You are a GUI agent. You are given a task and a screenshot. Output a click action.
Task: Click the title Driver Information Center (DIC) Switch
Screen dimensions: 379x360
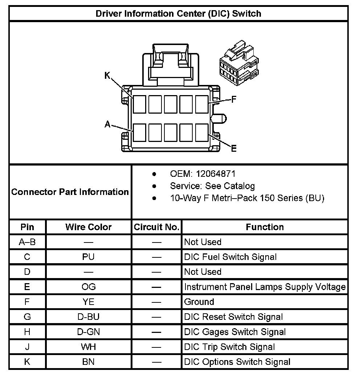point(178,14)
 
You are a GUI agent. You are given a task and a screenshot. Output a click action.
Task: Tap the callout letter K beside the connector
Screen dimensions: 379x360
point(107,76)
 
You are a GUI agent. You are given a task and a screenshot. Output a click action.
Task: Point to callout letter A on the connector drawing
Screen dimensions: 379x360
point(107,125)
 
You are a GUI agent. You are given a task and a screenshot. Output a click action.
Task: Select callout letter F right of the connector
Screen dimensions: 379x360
point(234,99)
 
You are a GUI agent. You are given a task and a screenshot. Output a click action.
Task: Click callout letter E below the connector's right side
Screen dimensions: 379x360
point(234,148)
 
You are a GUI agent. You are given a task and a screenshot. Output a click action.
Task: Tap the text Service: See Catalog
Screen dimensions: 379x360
point(212,186)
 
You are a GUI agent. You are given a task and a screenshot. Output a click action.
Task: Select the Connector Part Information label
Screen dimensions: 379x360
point(70,192)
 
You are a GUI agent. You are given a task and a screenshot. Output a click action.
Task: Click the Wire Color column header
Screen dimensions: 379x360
point(89,227)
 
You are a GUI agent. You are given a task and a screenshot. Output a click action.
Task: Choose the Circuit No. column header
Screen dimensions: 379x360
point(156,227)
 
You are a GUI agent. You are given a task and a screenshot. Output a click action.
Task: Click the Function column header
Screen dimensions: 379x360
point(265,227)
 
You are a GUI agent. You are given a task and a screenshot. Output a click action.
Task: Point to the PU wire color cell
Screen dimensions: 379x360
point(89,257)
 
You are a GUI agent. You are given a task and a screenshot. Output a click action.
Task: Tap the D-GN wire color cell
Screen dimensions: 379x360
point(89,332)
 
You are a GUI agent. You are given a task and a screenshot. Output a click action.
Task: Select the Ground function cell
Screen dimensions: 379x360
point(199,302)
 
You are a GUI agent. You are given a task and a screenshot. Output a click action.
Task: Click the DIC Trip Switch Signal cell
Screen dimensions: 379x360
point(229,347)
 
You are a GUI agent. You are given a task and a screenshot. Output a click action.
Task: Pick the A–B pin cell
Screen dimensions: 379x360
point(27,242)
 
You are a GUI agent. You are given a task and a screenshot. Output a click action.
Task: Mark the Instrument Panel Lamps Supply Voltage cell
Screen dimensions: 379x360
point(265,287)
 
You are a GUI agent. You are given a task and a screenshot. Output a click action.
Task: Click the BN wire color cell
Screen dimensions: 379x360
point(89,362)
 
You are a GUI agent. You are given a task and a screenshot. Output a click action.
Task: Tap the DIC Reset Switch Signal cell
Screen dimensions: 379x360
point(233,317)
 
